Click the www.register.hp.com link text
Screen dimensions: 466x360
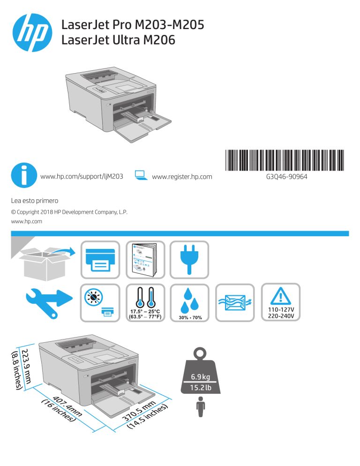tap(182, 177)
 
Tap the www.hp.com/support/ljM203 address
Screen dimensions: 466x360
tap(82, 177)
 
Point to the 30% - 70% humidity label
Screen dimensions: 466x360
tap(190, 318)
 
